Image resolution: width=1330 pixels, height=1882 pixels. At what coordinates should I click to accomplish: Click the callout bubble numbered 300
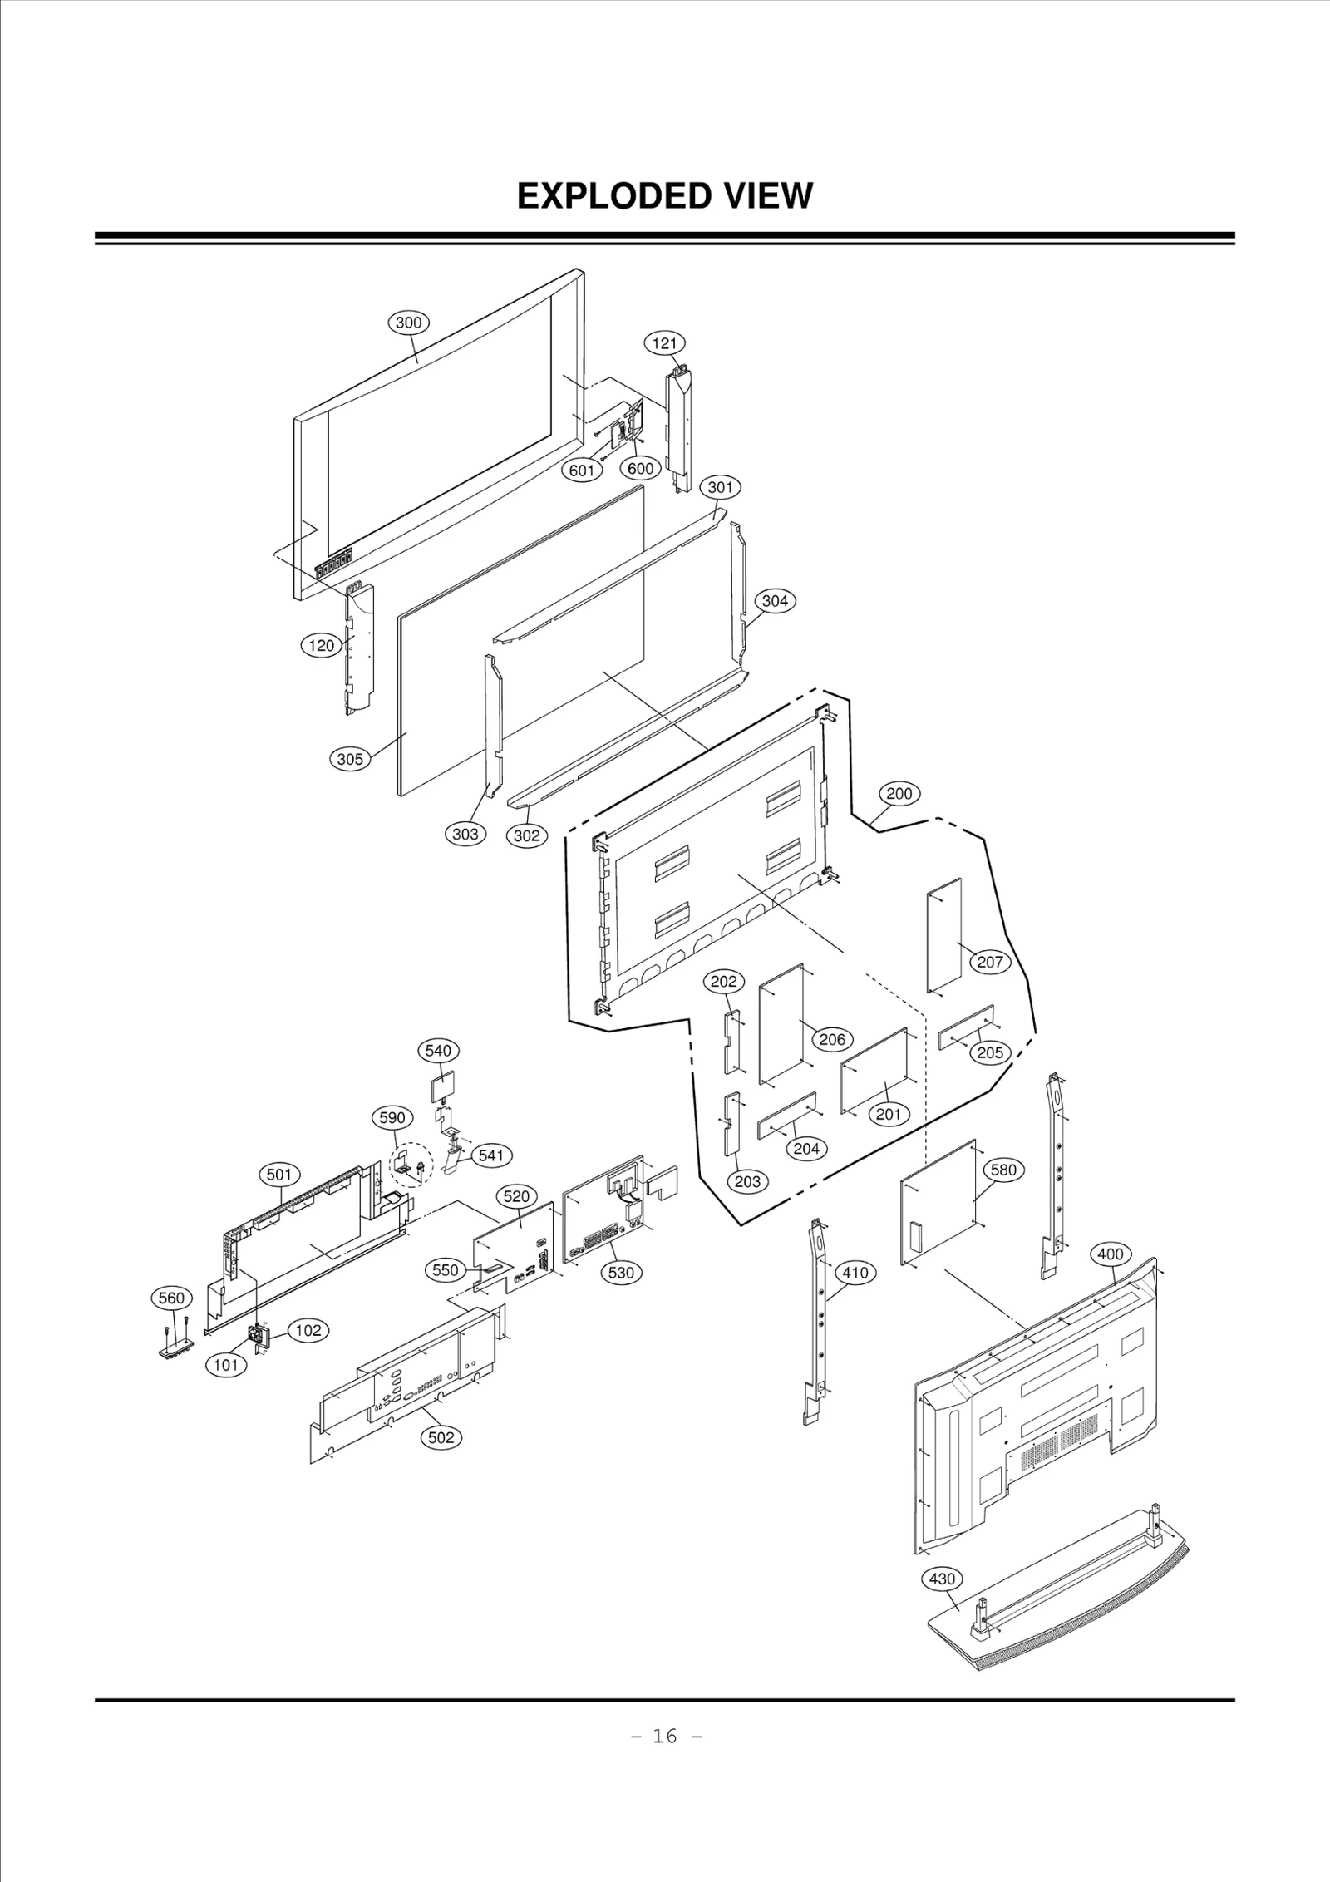[x=407, y=323]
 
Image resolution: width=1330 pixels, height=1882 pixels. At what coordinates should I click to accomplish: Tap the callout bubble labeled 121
[x=664, y=343]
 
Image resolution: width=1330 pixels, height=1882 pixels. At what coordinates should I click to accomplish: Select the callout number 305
[x=350, y=758]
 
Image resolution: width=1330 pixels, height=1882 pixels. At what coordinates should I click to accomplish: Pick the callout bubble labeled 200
[x=899, y=793]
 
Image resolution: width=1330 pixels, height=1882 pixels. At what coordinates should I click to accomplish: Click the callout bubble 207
[x=989, y=962]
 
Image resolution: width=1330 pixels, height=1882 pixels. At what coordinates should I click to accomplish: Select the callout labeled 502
[x=441, y=1437]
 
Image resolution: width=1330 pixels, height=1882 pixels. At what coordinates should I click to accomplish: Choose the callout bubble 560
[x=171, y=1321]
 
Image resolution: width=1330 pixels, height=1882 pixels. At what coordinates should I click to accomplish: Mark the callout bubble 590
[x=392, y=1117]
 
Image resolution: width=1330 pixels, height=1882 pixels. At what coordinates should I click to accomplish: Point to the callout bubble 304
[x=774, y=600]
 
